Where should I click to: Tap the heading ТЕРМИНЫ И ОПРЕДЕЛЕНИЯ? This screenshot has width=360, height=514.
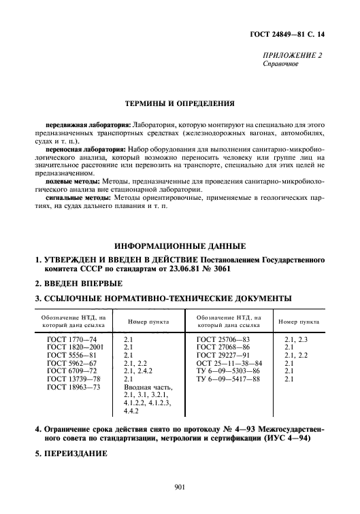click(180, 105)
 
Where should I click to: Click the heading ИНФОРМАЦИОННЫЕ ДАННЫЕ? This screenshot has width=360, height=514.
click(180, 245)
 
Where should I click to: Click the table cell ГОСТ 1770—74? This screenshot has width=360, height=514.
click(71, 338)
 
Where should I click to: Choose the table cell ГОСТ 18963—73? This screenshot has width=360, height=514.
click(73, 387)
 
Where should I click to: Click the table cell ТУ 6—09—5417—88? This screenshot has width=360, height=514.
click(228, 379)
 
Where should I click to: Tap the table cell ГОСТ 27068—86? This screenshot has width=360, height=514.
click(223, 346)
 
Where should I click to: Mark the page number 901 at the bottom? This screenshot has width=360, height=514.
click(180, 487)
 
